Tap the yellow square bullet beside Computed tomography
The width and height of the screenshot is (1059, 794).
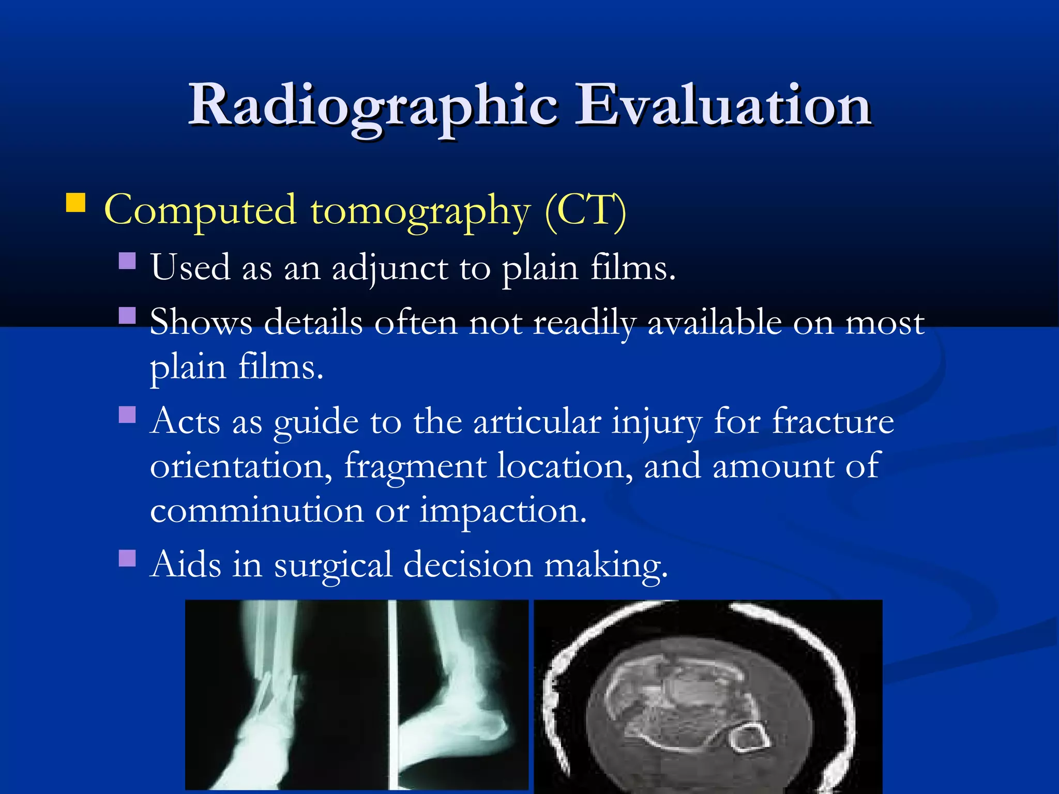[76, 203]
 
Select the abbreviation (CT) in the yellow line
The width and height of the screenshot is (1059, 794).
[585, 211]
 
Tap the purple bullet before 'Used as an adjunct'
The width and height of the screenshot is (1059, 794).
[127, 261]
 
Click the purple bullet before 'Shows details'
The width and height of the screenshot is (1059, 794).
[127, 315]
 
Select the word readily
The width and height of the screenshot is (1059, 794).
[584, 324]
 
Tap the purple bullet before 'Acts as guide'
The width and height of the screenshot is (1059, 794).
[127, 415]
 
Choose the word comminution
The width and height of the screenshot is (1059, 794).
[257, 511]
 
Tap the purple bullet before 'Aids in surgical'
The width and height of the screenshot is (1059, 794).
[127, 558]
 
